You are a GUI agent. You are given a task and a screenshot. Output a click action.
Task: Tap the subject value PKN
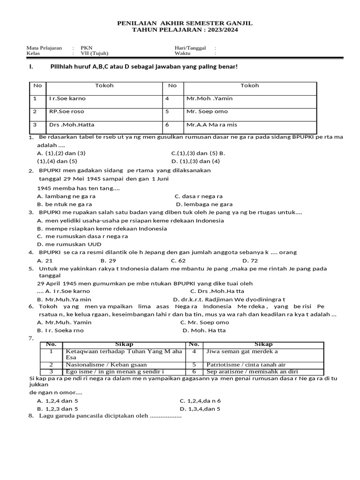87,48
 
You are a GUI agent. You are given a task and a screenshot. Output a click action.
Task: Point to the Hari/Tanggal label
190,48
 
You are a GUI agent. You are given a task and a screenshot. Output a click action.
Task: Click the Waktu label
182,53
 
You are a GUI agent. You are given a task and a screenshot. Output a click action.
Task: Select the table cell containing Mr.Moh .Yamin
250,99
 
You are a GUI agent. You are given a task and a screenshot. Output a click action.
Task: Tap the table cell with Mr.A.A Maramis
250,126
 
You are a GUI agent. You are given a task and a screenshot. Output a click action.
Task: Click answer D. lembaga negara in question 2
204,204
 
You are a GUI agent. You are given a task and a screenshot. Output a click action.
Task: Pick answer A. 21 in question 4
45,260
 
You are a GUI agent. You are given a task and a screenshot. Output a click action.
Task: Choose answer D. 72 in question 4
250,260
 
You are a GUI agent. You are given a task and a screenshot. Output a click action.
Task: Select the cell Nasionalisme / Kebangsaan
106,365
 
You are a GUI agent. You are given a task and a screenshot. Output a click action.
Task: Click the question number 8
31,416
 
